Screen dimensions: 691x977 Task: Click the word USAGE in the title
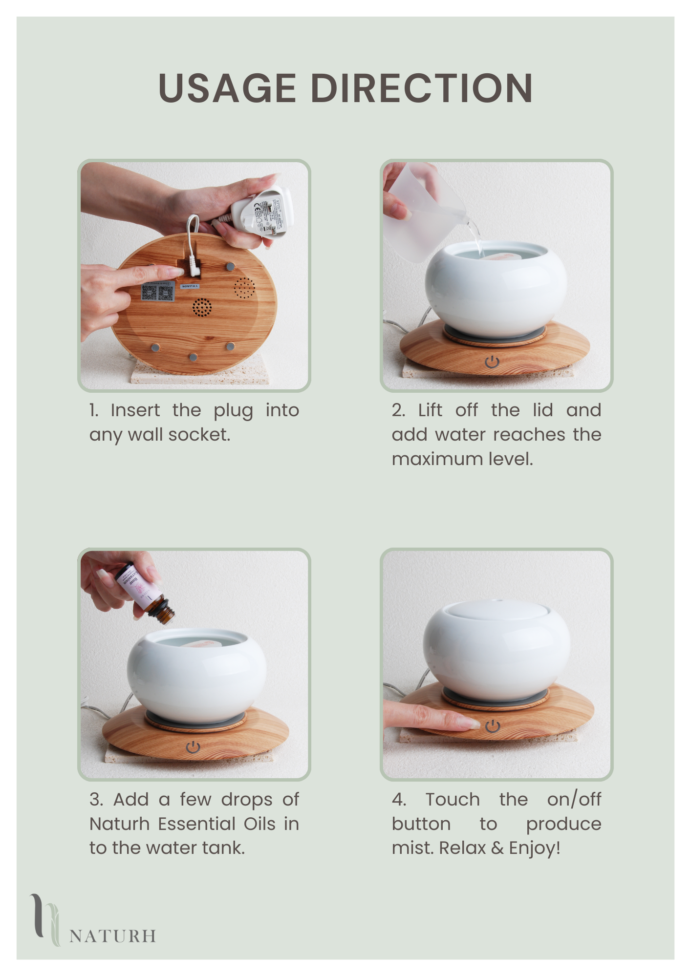pos(227,88)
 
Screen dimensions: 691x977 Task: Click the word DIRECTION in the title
pos(422,88)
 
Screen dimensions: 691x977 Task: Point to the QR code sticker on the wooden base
pos(158,292)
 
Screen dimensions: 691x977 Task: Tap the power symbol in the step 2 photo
pos(492,361)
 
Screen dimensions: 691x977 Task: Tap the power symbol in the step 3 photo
pos(194,747)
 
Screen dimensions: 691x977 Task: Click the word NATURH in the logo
pos(113,936)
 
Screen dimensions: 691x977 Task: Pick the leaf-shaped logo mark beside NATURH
pos(45,920)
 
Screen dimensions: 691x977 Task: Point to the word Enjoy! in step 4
pos(535,849)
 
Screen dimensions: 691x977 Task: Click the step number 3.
pos(95,800)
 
